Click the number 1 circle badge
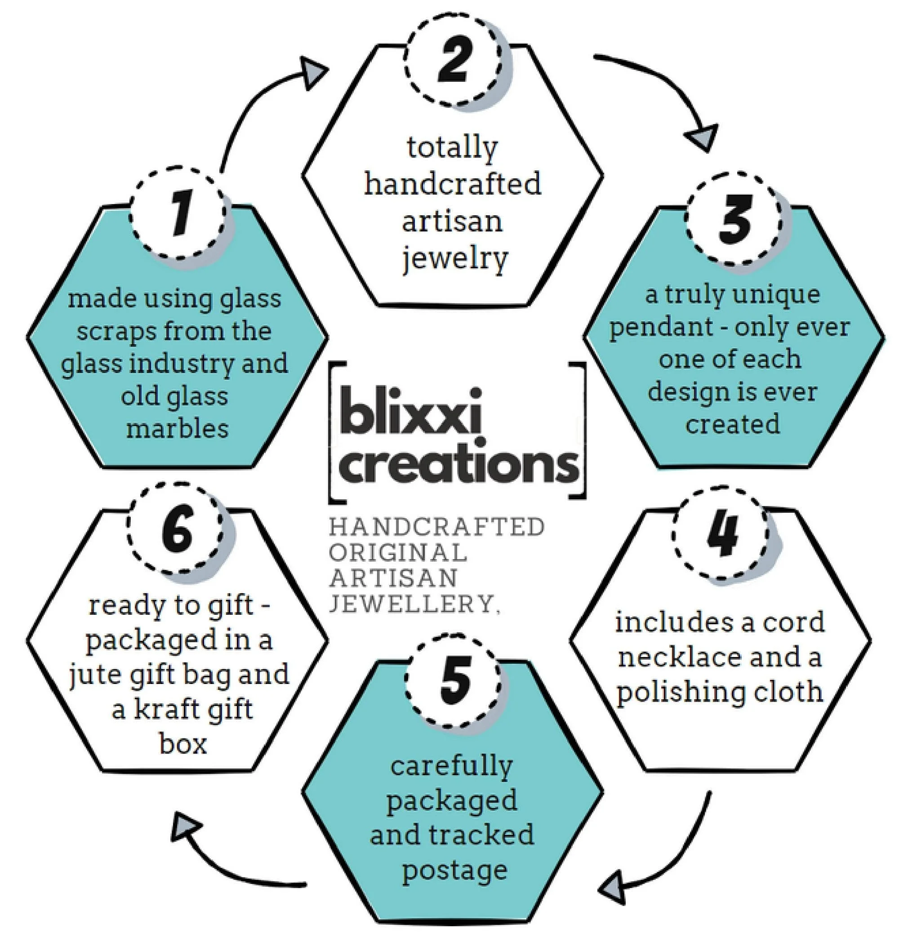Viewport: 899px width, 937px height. (178, 214)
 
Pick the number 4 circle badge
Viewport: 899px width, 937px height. (721, 534)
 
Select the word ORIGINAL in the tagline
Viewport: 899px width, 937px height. (398, 553)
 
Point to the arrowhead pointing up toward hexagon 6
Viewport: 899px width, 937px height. (185, 828)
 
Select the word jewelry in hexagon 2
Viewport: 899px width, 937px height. (454, 259)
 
